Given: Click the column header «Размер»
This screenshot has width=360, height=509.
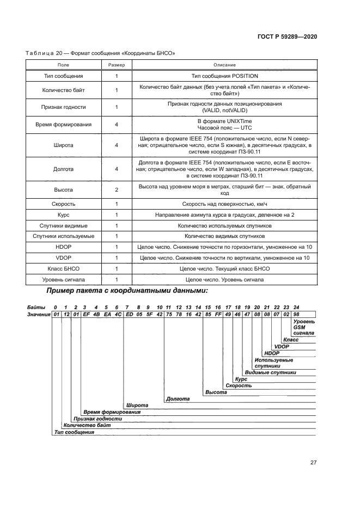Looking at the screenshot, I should coord(117,64).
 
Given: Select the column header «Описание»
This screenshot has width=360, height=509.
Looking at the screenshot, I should coord(224,64).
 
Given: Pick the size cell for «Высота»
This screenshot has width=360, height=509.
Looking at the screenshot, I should coord(117,190).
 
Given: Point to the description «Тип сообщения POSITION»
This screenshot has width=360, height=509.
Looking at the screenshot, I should coord(224,76).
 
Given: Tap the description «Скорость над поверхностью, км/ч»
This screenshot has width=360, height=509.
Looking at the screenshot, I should coord(224,204).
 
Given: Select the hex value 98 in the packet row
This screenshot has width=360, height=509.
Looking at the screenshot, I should coord(296,315).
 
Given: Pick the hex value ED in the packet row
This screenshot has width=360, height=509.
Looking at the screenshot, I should coord(129,315).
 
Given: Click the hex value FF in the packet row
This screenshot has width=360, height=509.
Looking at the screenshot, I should coord(218,315).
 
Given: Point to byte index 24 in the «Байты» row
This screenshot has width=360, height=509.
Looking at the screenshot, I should coord(296,308).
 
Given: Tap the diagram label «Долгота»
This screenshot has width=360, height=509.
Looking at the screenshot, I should coord(178,398).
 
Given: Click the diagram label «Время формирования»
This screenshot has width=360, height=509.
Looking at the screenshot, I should coord(112,412).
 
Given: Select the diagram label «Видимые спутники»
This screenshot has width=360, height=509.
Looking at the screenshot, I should coord(270,372).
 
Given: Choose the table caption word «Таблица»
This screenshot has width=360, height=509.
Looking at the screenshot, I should coord(40,53).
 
